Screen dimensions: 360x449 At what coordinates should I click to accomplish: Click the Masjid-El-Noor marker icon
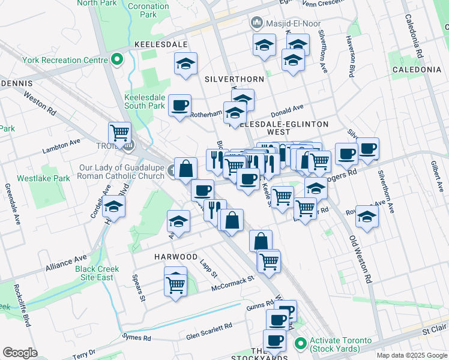[x=257, y=23]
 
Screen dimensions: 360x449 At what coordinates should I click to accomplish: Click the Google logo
[x=20, y=353]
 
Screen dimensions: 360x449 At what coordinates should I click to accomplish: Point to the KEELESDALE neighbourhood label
[x=161, y=45]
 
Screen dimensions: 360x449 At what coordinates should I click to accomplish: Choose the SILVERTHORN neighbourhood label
[x=234, y=79]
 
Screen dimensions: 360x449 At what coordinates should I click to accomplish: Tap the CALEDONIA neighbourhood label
[x=417, y=70]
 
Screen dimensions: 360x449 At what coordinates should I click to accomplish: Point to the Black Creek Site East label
[x=95, y=273]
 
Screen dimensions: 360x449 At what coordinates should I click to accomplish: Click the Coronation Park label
[x=149, y=10]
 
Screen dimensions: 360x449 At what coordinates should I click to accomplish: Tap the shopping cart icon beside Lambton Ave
[x=120, y=133]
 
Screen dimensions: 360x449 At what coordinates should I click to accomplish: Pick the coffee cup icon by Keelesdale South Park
[x=179, y=106]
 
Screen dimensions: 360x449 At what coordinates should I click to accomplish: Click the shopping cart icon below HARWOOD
[x=175, y=284]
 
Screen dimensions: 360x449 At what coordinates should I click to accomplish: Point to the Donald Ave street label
[x=288, y=111]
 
